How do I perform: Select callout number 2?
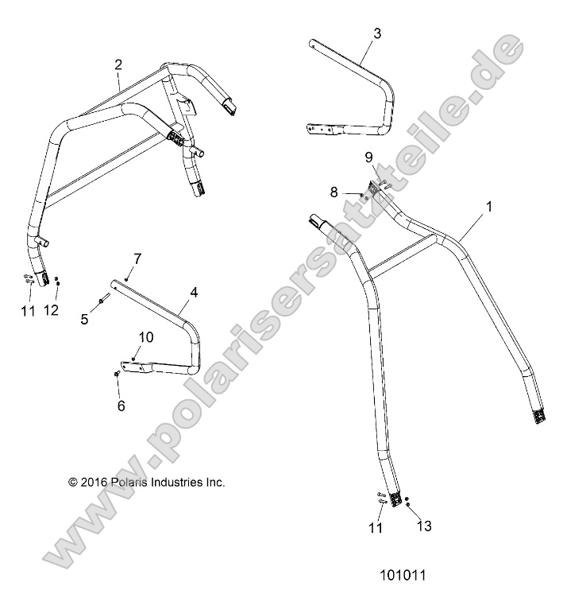pyautogui.click(x=118, y=64)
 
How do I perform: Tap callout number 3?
pyautogui.click(x=377, y=33)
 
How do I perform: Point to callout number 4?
pyautogui.click(x=193, y=293)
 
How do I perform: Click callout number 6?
pyautogui.click(x=121, y=406)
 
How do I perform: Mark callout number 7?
pyautogui.click(x=137, y=258)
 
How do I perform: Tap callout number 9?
pyautogui.click(x=368, y=157)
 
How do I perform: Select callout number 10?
pyautogui.click(x=146, y=336)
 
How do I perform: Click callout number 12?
pyautogui.click(x=51, y=310)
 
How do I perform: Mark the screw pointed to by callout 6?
pyautogui.click(x=117, y=373)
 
